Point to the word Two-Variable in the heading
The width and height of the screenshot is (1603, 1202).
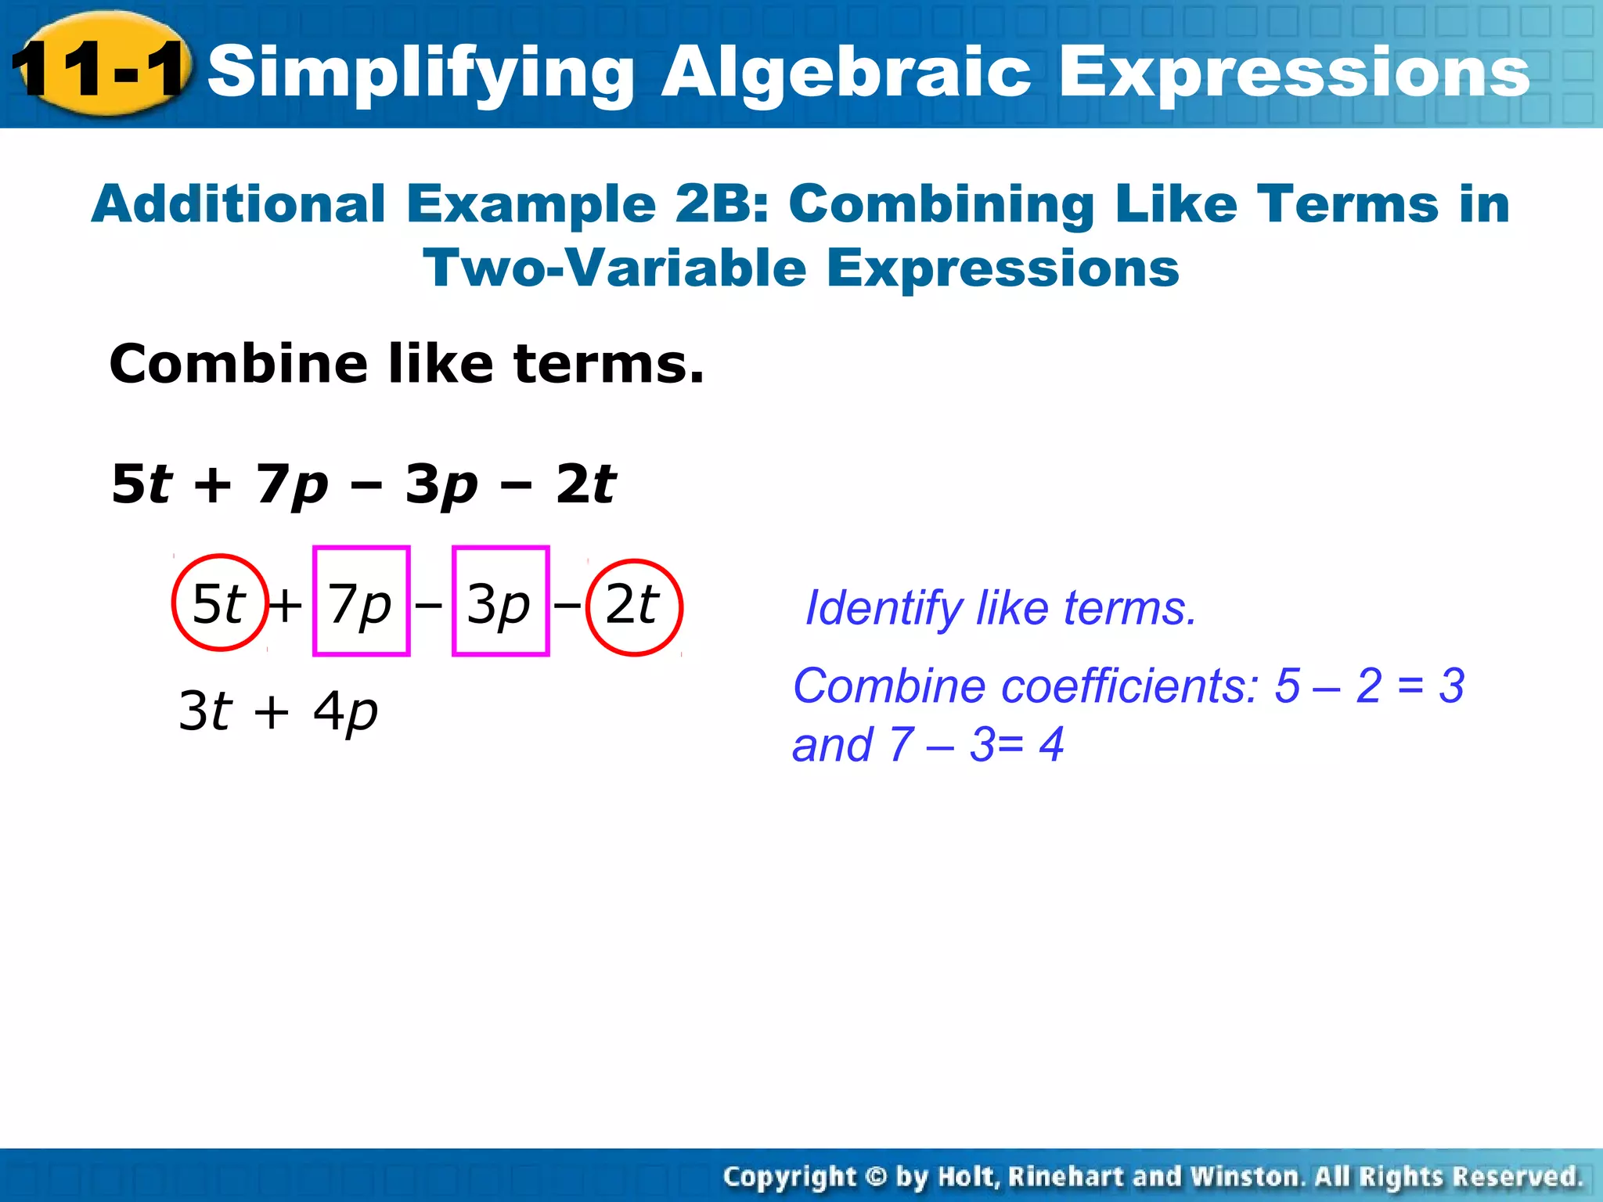pyautogui.click(x=614, y=268)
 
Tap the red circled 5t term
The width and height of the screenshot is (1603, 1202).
pyautogui.click(x=220, y=603)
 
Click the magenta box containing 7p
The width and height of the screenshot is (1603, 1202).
pyautogui.click(x=361, y=601)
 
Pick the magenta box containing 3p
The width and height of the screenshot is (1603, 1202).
pyautogui.click(x=500, y=601)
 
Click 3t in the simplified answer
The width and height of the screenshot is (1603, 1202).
pyautogui.click(x=205, y=711)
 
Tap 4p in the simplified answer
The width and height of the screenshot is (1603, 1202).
pyautogui.click(x=345, y=711)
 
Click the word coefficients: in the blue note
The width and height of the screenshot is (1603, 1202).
pyautogui.click(x=1130, y=686)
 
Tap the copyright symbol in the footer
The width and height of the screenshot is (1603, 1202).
pyautogui.click(x=876, y=1176)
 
